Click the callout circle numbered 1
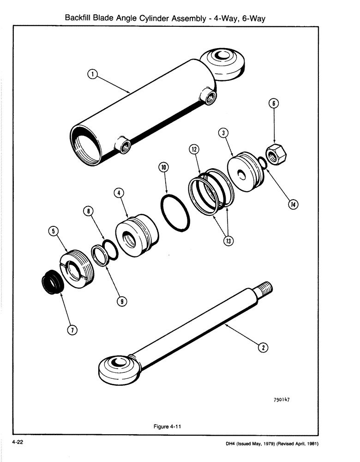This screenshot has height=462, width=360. pyautogui.click(x=92, y=74)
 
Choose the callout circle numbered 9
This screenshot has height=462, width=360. pyautogui.click(x=121, y=302)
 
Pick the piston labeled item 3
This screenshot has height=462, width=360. pyautogui.click(x=245, y=171)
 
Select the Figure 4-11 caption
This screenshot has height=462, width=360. pyautogui.click(x=166, y=426)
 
